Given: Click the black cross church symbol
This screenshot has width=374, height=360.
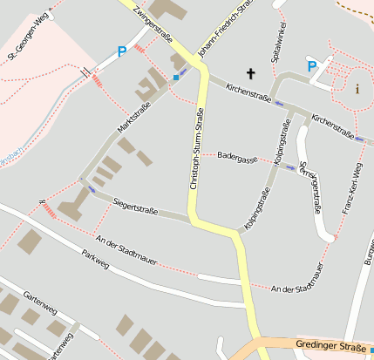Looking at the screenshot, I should tap(252, 74).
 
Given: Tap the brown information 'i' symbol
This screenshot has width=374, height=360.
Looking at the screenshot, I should tap(357, 88).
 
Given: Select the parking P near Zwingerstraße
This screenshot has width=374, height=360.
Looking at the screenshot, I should tap(121, 52).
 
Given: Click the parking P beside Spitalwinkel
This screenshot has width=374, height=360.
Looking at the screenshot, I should tap(312, 66).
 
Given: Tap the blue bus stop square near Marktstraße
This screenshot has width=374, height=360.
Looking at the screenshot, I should tap(176, 77).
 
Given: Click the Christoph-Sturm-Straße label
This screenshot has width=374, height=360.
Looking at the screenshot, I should tap(197, 149).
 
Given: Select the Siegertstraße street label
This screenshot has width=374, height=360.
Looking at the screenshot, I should tap(135, 205).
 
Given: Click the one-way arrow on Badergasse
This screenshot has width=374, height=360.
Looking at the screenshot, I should tap(290, 167).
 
